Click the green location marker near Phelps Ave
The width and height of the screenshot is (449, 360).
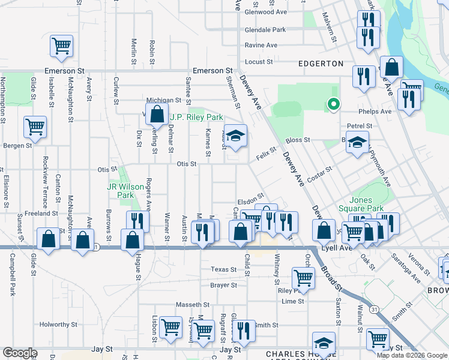pos(333,104)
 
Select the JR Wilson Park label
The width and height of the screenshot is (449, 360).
pos(120,191)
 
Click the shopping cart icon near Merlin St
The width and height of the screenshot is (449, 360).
pos(62,46)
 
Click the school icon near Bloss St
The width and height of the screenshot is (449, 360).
pos(358,143)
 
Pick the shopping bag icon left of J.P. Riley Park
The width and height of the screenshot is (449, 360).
pos(157,112)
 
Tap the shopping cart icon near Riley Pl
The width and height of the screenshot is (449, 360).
pos(304,277)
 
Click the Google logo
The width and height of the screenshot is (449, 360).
pos(20,353)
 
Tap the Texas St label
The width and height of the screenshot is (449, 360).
pos(220,269)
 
